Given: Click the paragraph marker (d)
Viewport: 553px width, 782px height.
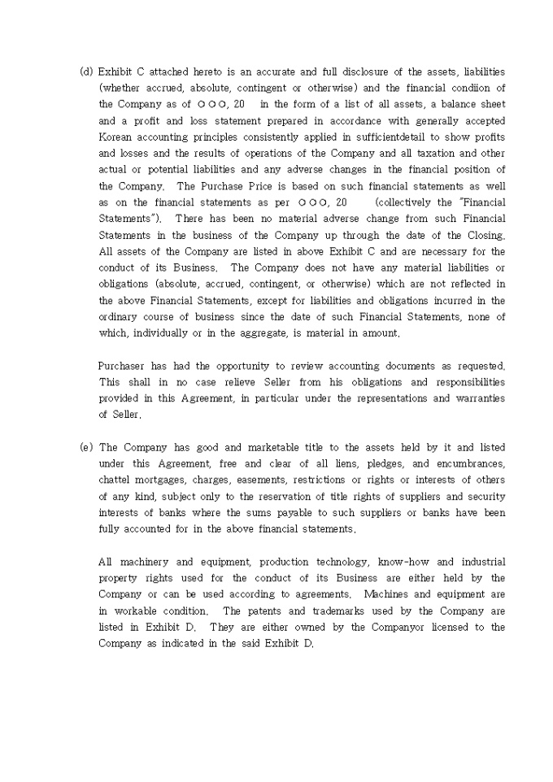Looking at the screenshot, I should (86, 72).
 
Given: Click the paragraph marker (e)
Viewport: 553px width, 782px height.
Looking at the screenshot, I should (86, 447).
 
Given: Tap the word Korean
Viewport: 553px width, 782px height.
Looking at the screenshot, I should (115, 137).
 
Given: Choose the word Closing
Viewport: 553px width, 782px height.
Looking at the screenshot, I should (485, 234).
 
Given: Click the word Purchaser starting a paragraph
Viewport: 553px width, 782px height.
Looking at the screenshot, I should (123, 366).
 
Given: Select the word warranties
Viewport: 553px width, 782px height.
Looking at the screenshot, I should (473, 398).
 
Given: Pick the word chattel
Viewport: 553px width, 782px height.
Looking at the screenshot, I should (115, 480).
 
